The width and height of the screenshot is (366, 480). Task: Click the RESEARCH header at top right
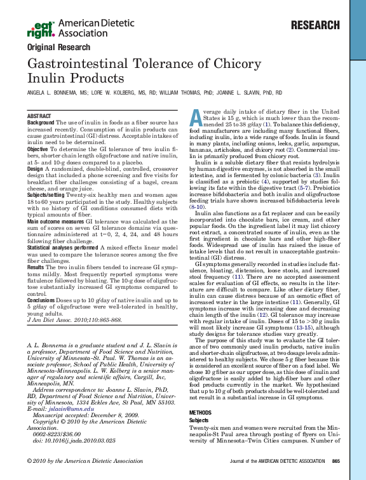click(316, 25)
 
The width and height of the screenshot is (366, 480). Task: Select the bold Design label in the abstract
click(36, 170)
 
